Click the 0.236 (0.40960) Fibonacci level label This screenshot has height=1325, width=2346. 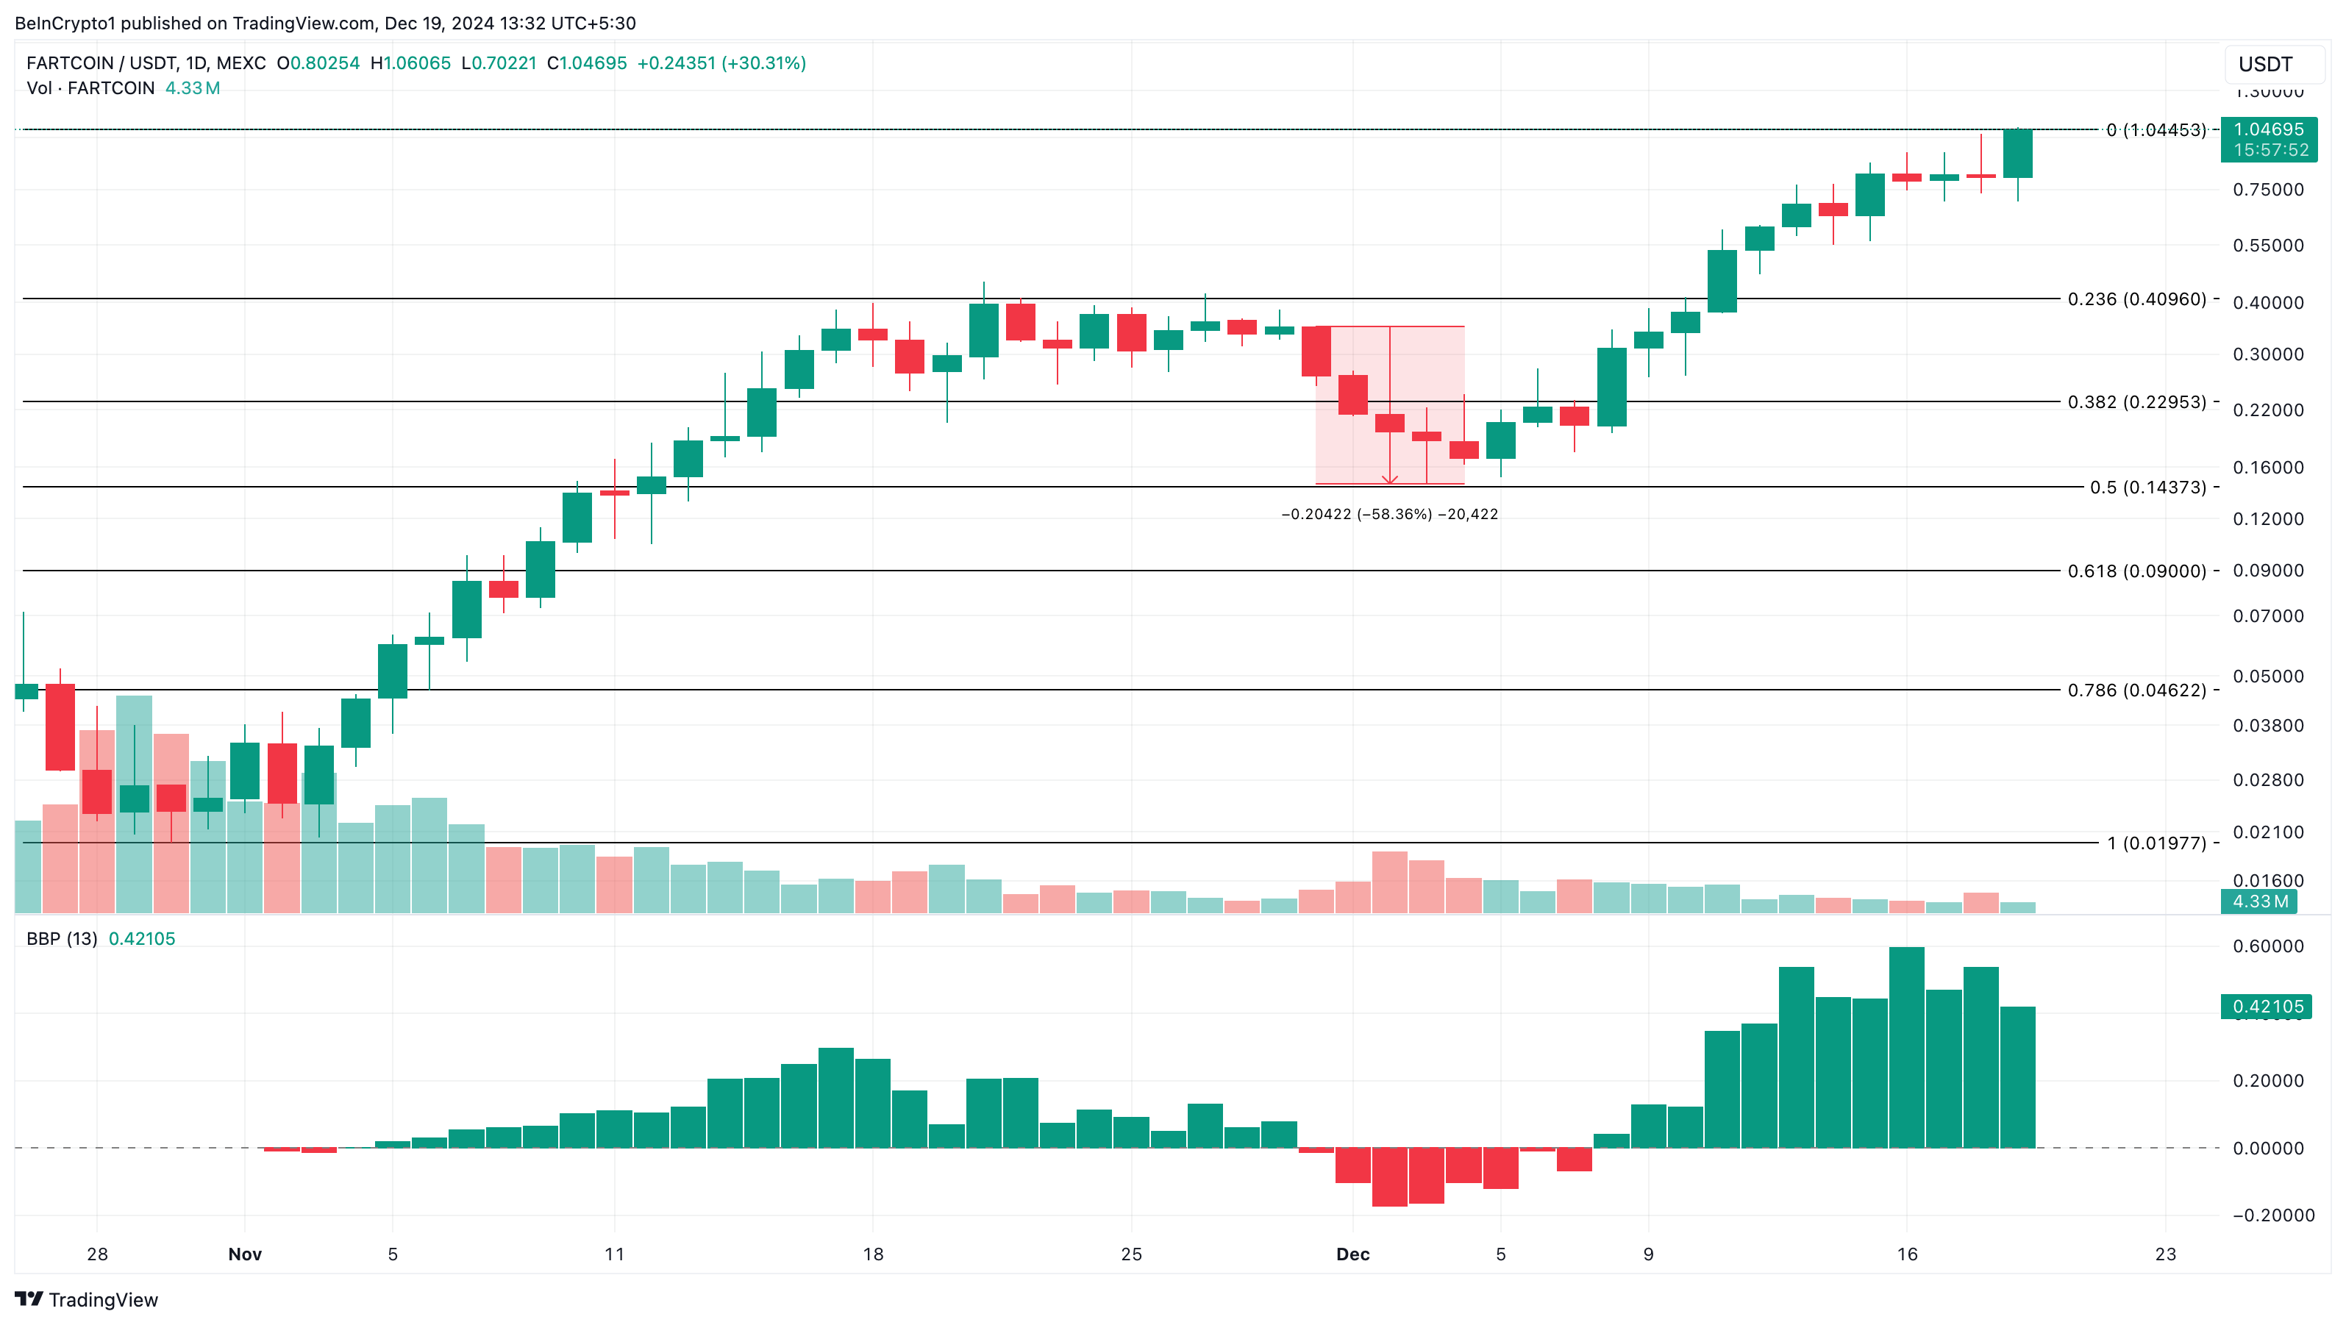tap(2136, 299)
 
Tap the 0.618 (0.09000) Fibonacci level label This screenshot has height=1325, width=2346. tap(2136, 571)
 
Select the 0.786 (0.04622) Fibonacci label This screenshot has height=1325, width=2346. tap(2136, 690)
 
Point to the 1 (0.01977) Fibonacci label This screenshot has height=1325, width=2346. tap(2156, 843)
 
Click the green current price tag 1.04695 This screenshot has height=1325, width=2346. tap(2268, 130)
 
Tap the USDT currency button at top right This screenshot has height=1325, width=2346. tap(2266, 64)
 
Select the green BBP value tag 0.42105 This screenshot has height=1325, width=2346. tap(2267, 1007)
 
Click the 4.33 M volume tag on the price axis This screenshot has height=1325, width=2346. tap(2261, 901)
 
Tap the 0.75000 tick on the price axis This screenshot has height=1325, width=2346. tap(2268, 190)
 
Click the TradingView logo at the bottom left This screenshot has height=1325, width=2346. tap(87, 1299)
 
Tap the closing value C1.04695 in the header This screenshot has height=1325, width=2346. tap(587, 63)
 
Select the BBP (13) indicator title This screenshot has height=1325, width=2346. tap(62, 939)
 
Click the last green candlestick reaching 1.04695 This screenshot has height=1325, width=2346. tap(2017, 153)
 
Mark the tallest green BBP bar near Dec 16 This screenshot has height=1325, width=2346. tap(1906, 1047)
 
